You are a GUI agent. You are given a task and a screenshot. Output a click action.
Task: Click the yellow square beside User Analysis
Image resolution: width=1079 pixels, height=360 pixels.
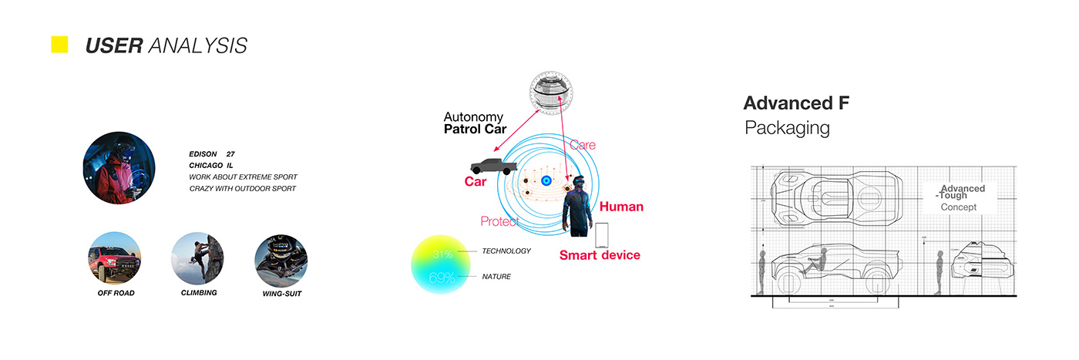point(59,45)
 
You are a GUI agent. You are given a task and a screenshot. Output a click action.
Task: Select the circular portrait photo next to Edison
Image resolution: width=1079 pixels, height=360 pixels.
point(119,167)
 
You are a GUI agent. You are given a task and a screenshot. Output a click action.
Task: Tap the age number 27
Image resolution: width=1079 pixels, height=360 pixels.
point(230,154)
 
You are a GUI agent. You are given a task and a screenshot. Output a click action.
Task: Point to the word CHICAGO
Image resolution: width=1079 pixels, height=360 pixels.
point(204,166)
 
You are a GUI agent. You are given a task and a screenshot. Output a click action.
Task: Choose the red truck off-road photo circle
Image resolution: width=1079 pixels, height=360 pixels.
point(115,258)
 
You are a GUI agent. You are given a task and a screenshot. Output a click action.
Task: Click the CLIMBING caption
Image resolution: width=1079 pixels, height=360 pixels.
point(199,293)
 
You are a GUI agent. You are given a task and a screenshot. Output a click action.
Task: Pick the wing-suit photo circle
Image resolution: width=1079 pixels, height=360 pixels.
point(281,258)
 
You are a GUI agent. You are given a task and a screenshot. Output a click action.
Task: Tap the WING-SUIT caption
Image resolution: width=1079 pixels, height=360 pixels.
point(281,294)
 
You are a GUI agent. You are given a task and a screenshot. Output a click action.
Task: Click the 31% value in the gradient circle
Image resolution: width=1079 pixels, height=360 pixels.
point(442,254)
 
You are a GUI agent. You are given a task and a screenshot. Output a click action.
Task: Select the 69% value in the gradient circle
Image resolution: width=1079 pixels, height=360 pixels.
point(442,278)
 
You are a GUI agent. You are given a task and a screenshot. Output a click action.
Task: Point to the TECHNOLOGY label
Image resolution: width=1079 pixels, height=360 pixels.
point(506,251)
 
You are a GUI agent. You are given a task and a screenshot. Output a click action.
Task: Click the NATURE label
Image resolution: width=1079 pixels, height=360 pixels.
point(496,276)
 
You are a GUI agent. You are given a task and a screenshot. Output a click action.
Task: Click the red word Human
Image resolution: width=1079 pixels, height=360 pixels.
point(621,207)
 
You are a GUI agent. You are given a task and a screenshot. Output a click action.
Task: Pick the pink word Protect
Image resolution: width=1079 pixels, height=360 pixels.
point(499,222)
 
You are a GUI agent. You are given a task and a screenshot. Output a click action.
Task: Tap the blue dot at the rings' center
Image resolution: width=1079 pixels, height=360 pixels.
point(546,181)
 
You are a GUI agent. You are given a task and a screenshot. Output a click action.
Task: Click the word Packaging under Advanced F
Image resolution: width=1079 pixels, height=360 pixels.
point(787,128)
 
